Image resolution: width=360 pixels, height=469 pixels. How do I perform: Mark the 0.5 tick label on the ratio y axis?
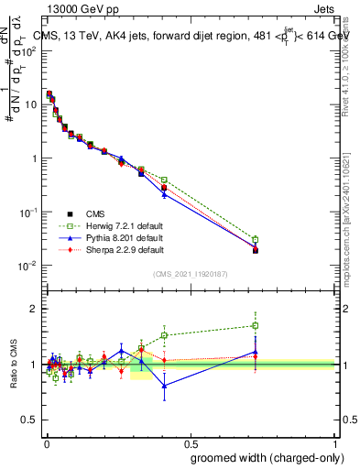pyautogui.click(x=30, y=420)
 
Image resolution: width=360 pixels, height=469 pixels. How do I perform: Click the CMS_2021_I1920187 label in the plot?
pyautogui.click(x=191, y=274)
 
